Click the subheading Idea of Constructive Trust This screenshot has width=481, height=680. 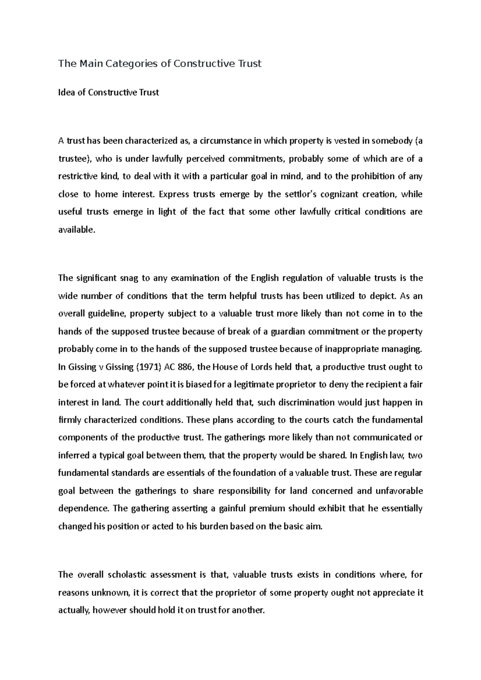pyautogui.click(x=109, y=93)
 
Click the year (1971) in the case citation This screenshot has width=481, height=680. pyautogui.click(x=144, y=367)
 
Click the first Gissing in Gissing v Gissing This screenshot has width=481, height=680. pyautogui.click(x=81, y=367)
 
